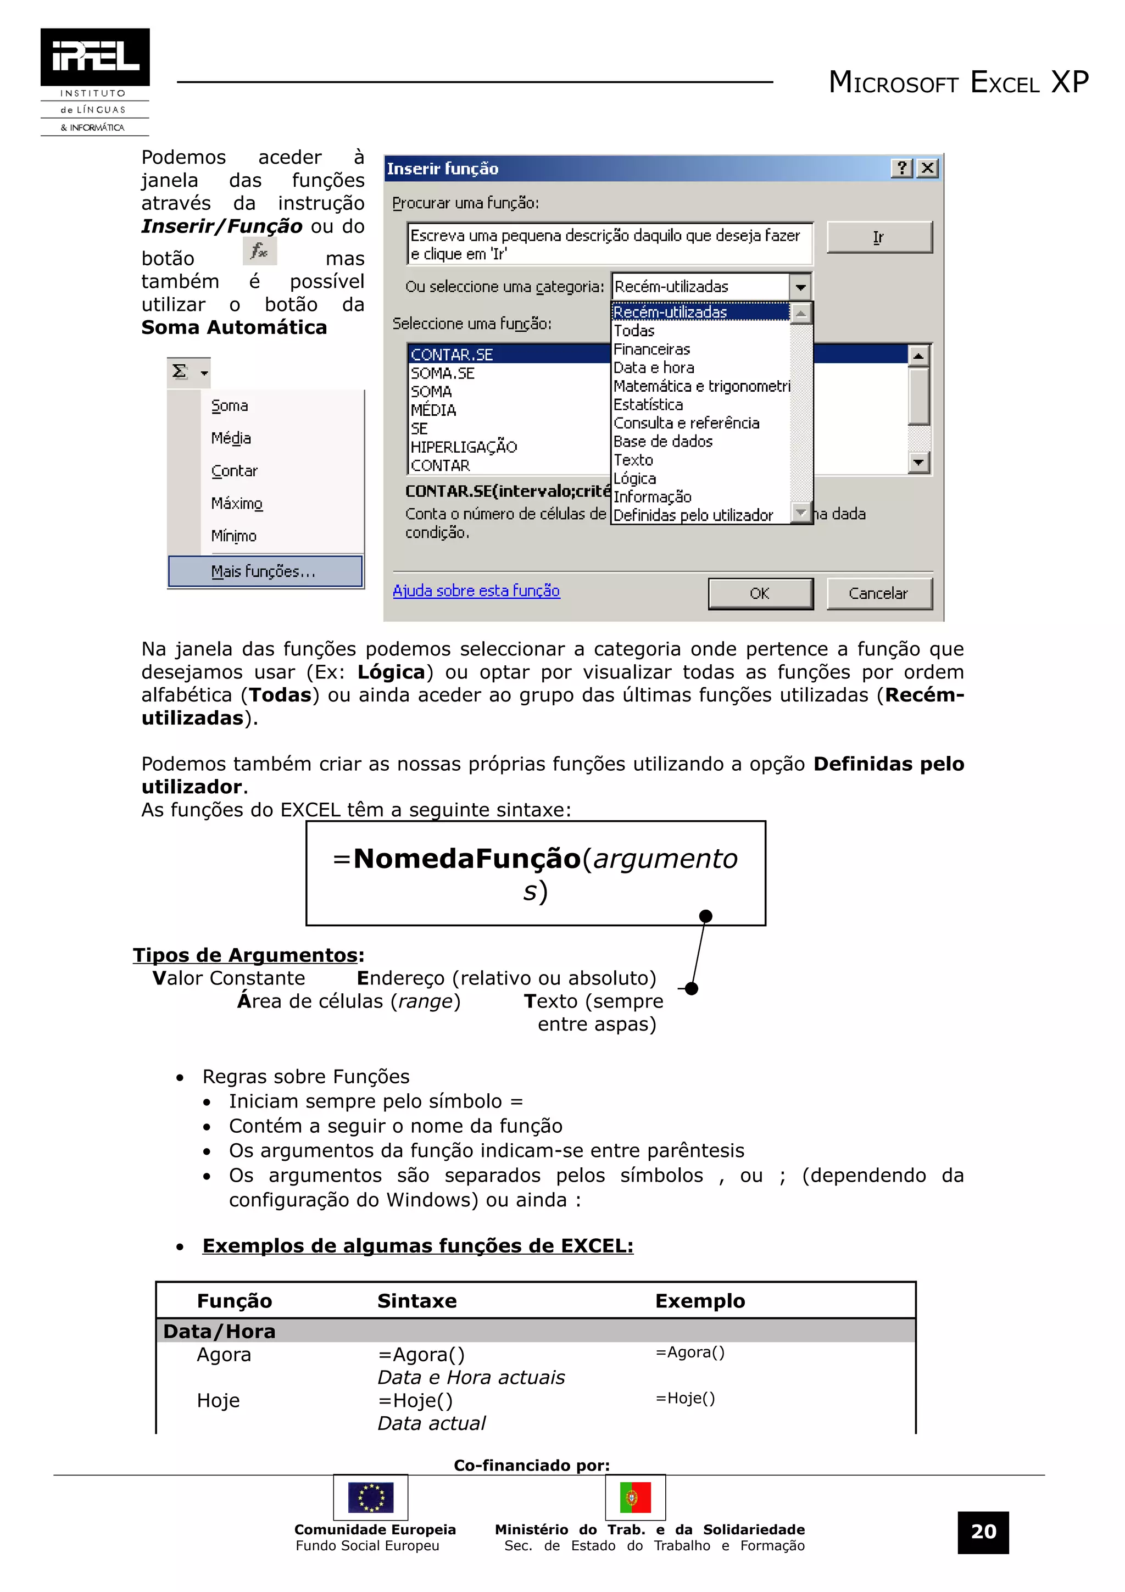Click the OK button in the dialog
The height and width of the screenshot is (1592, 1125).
click(x=760, y=593)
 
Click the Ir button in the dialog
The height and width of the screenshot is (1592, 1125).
click(x=879, y=237)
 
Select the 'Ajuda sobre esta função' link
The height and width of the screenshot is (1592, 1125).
click(x=476, y=591)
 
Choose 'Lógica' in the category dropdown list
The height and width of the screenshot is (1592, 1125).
click(x=635, y=478)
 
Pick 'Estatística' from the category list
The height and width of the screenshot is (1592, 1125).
click(x=648, y=405)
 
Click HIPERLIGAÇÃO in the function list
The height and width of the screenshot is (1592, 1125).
click(x=464, y=447)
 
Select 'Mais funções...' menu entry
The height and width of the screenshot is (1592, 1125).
click(x=264, y=571)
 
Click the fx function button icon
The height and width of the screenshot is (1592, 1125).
click(x=260, y=251)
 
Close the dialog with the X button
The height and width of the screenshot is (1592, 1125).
click(x=927, y=169)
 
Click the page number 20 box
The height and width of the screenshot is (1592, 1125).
click(x=982, y=1532)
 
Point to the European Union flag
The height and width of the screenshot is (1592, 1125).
click(x=371, y=1498)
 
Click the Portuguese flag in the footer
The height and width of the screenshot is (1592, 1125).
click(x=635, y=1498)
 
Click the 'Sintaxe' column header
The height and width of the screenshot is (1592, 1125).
click(x=416, y=1301)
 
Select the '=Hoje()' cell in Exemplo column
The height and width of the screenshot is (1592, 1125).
click(x=685, y=1399)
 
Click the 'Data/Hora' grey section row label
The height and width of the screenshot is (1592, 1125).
click(x=219, y=1331)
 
